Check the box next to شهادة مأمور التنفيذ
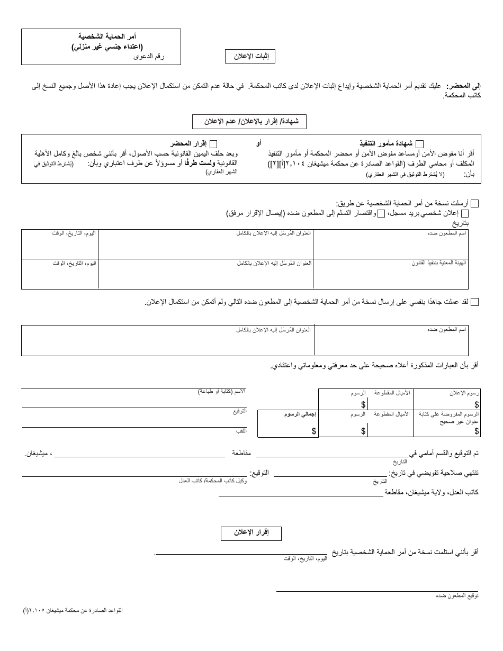(419, 144)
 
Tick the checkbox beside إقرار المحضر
(213, 144)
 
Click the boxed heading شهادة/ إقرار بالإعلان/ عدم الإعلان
(249, 122)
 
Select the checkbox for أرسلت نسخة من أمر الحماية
(474, 204)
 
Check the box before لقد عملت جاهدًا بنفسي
(474, 302)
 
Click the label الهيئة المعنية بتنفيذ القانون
(439, 263)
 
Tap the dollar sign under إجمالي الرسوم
(314, 431)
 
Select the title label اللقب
(241, 431)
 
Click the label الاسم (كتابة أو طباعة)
(222, 391)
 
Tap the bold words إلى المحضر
(463, 86)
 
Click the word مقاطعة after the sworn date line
(241, 454)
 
